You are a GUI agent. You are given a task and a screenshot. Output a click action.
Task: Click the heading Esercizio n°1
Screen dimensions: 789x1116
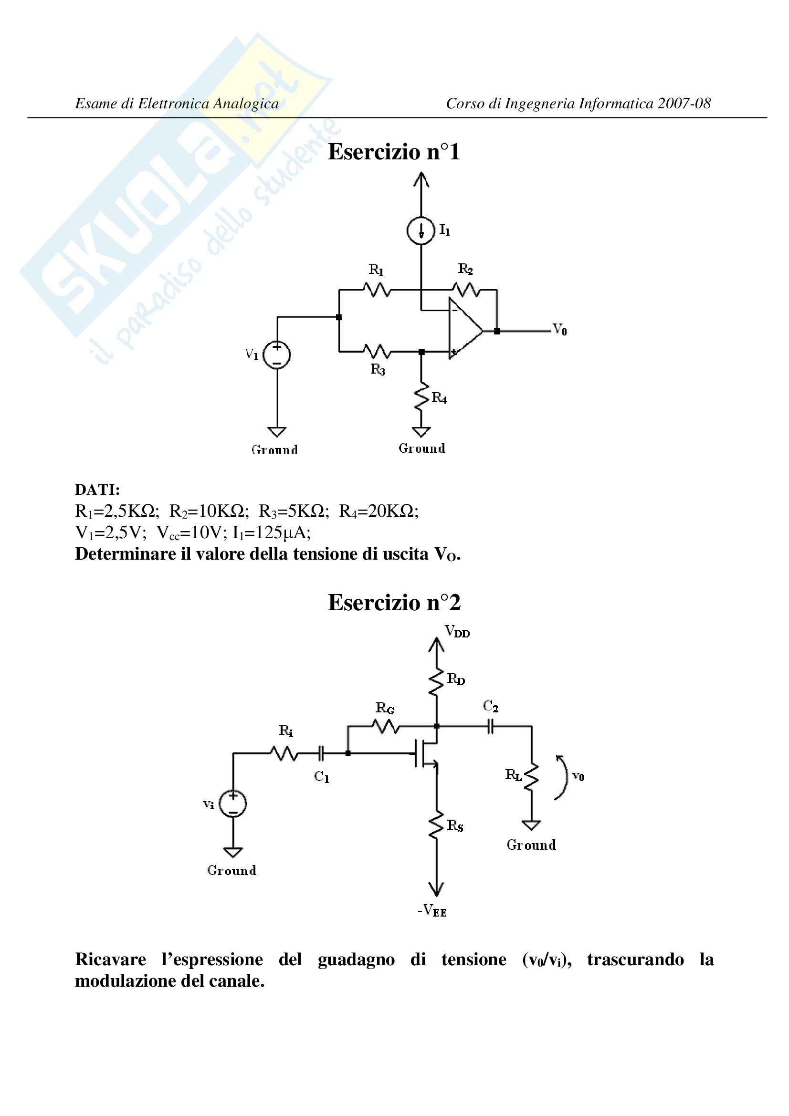click(394, 152)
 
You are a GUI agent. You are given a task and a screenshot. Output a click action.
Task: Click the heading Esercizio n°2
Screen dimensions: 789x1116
click(394, 603)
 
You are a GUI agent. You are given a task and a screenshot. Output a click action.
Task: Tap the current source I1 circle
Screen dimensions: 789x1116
click(421, 230)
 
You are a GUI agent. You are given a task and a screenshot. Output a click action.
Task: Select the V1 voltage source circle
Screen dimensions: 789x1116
click(277, 355)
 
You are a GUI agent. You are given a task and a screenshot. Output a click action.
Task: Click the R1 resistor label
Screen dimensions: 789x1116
click(376, 270)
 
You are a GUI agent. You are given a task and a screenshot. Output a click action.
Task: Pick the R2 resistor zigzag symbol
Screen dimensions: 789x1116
click(466, 290)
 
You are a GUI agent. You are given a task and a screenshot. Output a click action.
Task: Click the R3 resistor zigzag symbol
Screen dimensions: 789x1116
click(377, 351)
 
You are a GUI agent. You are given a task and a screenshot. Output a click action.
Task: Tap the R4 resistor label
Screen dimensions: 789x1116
click(439, 398)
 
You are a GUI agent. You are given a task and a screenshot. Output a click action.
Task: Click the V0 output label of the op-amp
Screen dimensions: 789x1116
click(560, 330)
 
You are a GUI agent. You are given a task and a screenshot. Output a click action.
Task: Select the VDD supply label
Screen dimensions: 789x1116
click(457, 631)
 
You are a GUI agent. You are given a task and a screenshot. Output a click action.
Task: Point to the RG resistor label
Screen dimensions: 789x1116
click(385, 708)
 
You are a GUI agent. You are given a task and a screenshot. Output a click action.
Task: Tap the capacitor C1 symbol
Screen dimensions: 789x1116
click(321, 753)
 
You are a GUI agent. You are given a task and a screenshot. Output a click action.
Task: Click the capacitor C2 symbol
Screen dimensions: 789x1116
click(491, 726)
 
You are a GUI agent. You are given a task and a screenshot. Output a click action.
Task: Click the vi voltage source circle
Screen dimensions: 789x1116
click(233, 803)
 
